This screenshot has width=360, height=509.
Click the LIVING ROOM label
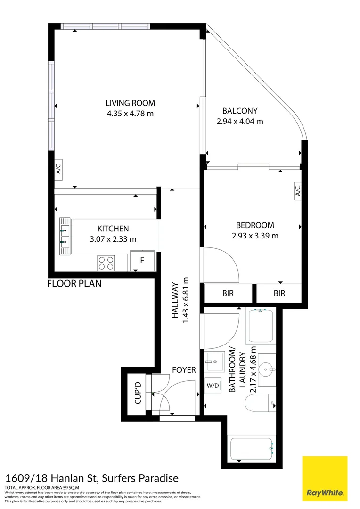(x=130, y=103)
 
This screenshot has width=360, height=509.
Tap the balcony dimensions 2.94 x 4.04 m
(x=239, y=121)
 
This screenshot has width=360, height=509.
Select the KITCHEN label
(x=113, y=229)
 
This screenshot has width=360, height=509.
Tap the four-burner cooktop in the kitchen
(x=106, y=263)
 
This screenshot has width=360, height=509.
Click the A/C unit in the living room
(x=59, y=168)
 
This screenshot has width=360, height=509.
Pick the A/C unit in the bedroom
(x=297, y=191)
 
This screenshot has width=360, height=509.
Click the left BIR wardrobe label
(x=228, y=293)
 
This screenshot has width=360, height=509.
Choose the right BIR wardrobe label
(x=279, y=293)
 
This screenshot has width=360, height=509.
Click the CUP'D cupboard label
(x=138, y=392)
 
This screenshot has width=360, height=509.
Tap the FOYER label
(x=184, y=370)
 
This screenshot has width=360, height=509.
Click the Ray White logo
(x=325, y=478)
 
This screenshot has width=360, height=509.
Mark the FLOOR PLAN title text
(x=74, y=284)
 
